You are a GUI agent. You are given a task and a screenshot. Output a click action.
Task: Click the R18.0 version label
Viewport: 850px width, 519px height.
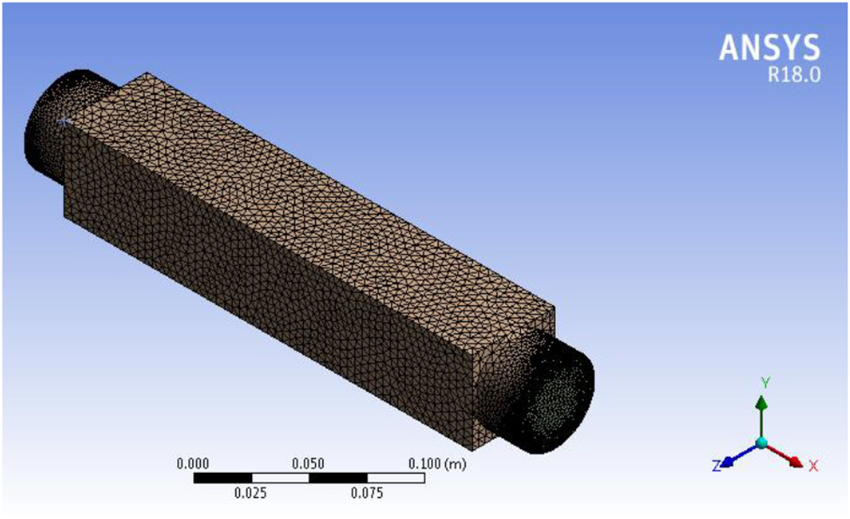(x=793, y=75)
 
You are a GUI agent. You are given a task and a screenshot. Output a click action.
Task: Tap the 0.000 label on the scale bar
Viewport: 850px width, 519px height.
(x=193, y=463)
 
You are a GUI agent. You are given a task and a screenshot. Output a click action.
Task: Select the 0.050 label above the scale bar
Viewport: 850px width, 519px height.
(x=309, y=463)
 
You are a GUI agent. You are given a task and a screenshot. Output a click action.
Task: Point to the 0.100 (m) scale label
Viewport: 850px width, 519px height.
(x=437, y=463)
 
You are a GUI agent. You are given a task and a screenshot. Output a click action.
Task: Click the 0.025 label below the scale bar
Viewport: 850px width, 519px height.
(x=251, y=494)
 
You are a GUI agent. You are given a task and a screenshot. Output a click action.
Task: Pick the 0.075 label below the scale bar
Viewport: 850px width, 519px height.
(x=367, y=494)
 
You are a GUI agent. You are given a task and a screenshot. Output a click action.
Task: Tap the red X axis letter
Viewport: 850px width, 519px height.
(x=813, y=466)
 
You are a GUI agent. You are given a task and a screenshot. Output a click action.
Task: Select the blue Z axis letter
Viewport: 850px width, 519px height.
(x=716, y=467)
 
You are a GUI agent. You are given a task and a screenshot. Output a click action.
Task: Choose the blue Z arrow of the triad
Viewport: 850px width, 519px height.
(x=737, y=456)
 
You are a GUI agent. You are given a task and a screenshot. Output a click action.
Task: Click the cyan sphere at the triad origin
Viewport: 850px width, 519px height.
(x=762, y=443)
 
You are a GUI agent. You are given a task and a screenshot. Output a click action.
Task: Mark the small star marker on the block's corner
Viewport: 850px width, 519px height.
(x=63, y=123)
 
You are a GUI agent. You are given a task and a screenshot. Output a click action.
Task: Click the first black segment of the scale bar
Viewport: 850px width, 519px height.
(x=222, y=478)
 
